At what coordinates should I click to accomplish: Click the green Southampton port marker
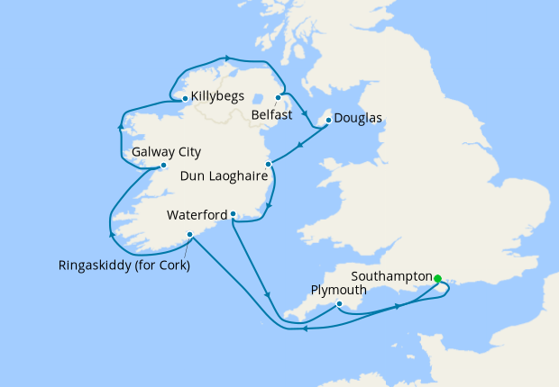pos(437,278)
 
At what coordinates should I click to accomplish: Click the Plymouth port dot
pos(338,304)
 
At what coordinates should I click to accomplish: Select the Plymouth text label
pos(338,291)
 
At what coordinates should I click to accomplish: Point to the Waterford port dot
pos(233,214)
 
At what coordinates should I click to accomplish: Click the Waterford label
pos(197,216)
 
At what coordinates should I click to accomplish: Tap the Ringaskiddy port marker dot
pos(189,235)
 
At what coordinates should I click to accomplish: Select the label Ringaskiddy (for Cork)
pos(125,265)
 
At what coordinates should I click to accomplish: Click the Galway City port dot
pos(163,166)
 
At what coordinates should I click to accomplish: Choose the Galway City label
pos(166,152)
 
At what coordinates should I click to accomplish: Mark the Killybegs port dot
pos(185,98)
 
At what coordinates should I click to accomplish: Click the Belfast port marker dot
pos(278,97)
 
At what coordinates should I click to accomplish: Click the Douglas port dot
pos(326,118)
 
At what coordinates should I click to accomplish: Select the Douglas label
pos(358,118)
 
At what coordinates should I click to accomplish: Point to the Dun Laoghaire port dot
pos(268,164)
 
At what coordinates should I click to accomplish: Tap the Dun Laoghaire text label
pos(225,177)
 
